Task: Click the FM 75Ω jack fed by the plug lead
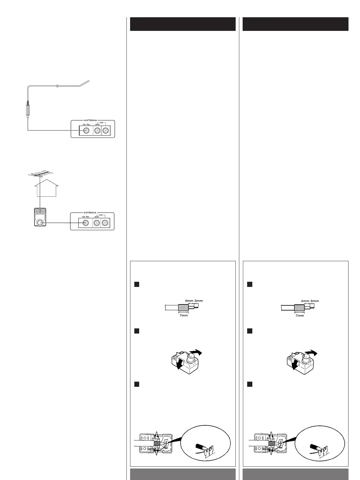pos(86,131)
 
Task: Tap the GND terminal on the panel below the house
pos(97,223)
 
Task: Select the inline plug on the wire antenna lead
pos(28,110)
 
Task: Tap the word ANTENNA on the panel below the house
pos(90,213)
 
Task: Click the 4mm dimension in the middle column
pos(189,301)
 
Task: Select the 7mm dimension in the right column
pos(299,315)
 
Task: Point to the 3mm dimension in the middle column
pos(199,301)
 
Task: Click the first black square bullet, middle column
pos(136,284)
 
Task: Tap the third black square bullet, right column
pos(250,384)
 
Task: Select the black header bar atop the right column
pos(295,24)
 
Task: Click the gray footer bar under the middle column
pos(183,474)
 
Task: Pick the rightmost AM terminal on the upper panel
pos(105,131)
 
